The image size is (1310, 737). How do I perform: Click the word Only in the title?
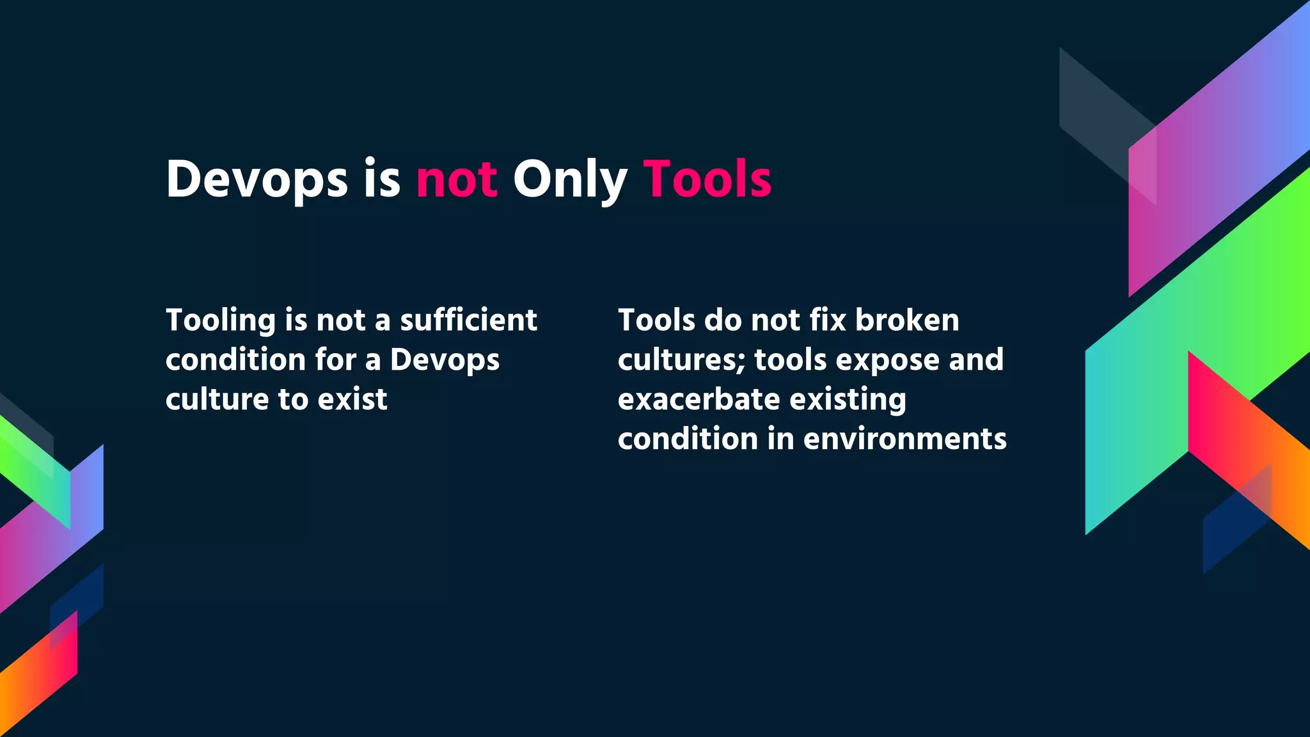click(569, 180)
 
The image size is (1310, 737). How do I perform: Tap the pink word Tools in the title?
click(707, 180)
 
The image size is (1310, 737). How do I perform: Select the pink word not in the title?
click(457, 180)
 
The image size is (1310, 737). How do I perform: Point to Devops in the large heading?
click(256, 180)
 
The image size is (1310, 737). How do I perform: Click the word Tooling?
click(220, 321)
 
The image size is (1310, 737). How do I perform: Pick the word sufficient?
click(468, 321)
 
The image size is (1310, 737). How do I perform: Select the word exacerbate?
click(698, 400)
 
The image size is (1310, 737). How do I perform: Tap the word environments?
click(904, 440)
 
